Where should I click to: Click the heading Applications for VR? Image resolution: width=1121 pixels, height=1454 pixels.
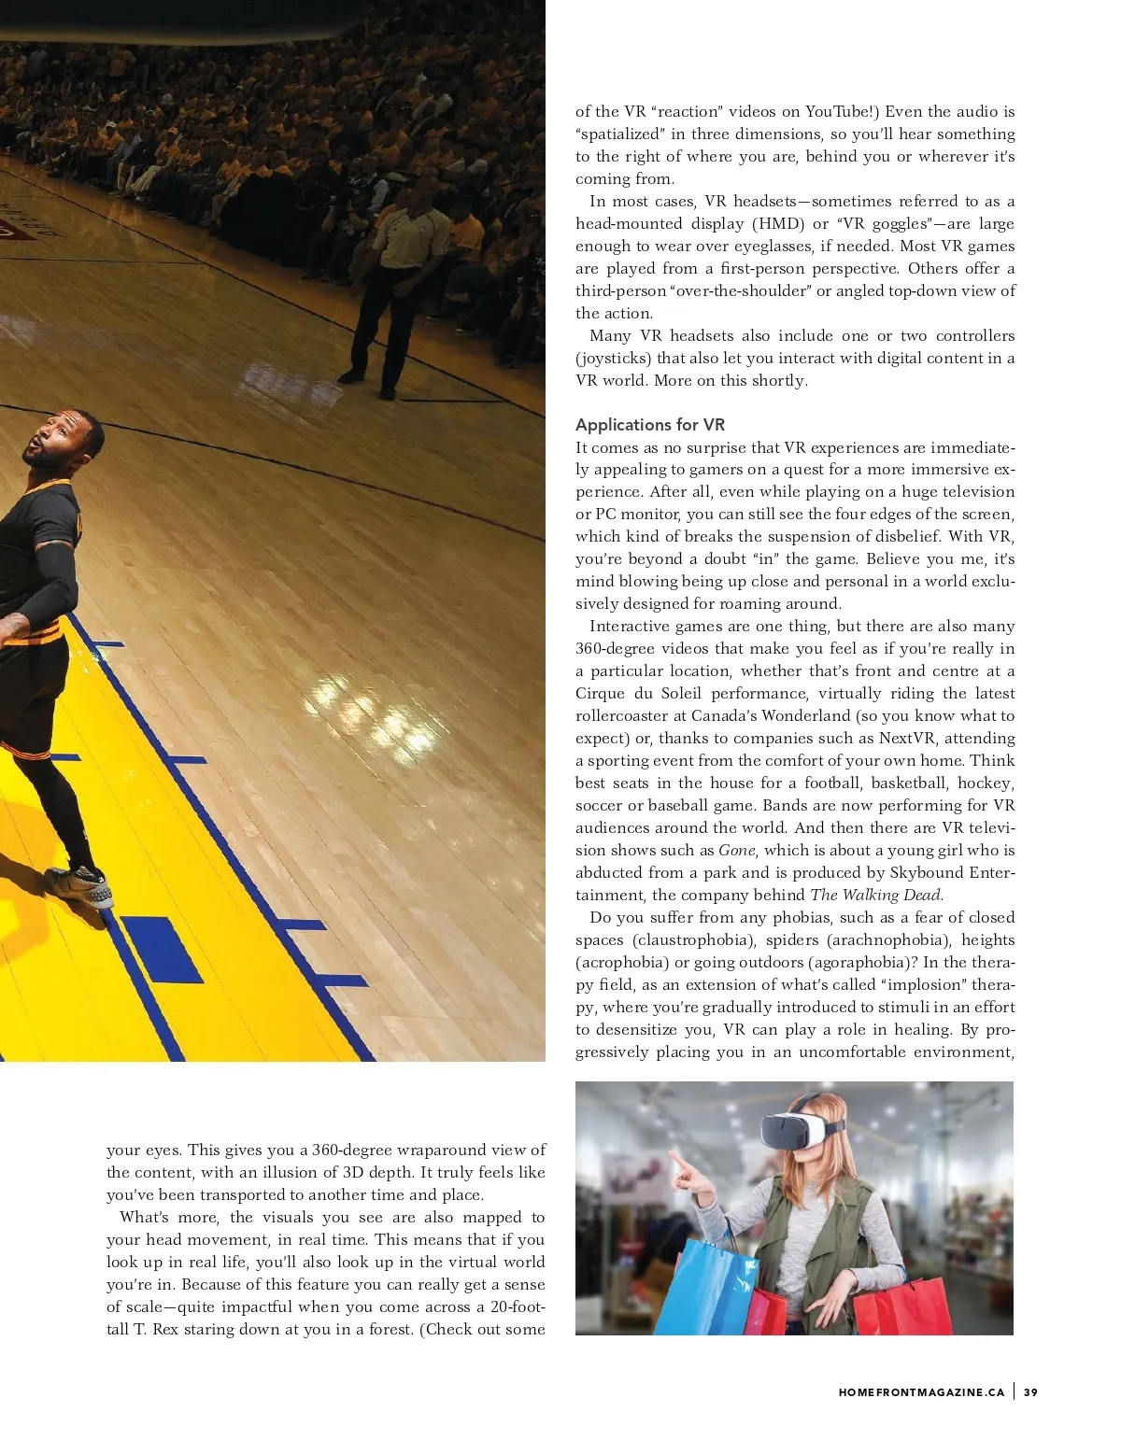click(649, 425)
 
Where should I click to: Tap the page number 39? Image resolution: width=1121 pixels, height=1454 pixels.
click(1030, 1392)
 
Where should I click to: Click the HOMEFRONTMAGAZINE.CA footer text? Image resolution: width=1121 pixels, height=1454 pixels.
click(921, 1392)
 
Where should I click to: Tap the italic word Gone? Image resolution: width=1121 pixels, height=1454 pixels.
click(736, 850)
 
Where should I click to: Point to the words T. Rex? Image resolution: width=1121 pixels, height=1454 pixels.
click(140, 1329)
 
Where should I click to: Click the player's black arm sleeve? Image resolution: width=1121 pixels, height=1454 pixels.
click(51, 579)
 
